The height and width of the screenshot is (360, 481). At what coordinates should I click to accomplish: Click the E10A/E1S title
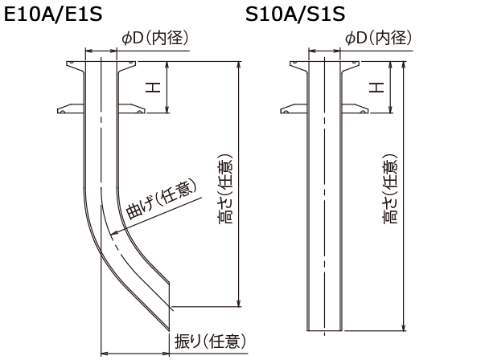pos(53,14)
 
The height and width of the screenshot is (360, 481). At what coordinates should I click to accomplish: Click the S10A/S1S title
pos(295,14)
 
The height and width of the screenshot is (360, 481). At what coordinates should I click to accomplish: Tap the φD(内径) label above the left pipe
pos(155,39)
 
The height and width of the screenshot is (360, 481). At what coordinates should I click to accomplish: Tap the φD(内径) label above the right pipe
pos(379,39)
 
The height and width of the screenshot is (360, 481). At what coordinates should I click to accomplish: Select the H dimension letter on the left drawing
pos(153,88)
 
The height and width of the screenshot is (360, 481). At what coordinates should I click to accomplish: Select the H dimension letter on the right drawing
pos(376,88)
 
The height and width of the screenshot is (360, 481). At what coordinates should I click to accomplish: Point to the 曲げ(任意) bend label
pos(162,198)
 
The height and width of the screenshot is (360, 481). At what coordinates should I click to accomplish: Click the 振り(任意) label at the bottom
pos(211,341)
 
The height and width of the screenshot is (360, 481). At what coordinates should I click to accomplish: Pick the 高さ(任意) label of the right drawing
pos(390,189)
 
